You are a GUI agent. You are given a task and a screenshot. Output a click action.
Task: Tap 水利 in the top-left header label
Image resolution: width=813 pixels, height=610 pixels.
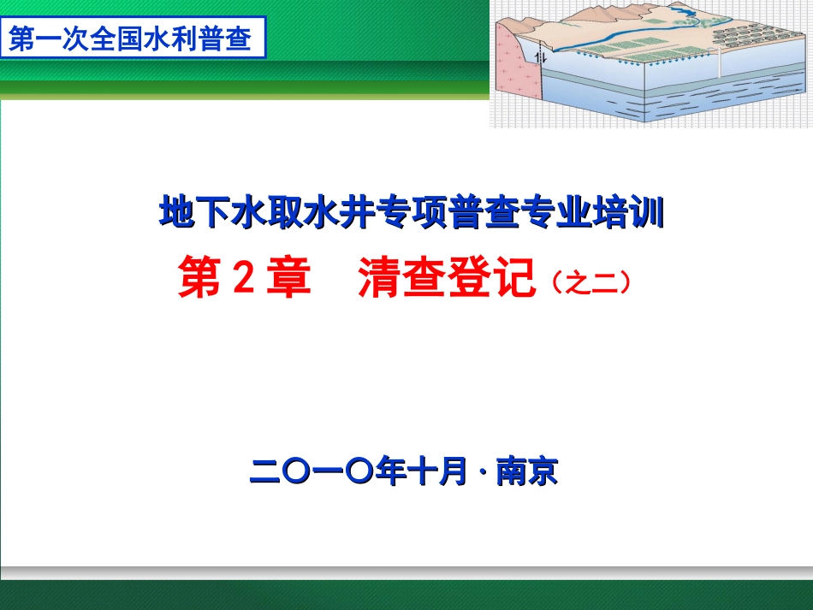[175, 39]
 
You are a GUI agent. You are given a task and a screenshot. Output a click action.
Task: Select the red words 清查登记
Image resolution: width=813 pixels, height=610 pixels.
[446, 279]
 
